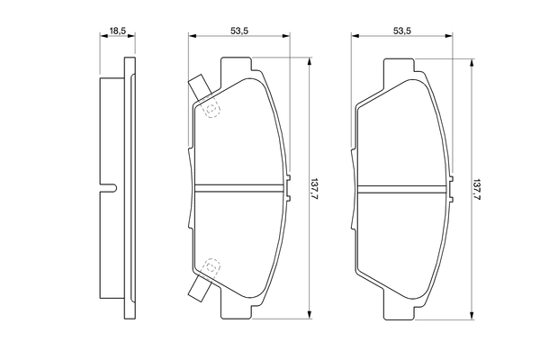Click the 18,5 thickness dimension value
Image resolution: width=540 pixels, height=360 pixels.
[116, 31]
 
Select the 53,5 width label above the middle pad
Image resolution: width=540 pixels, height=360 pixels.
[239, 31]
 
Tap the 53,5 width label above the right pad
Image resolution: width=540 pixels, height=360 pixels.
[401, 31]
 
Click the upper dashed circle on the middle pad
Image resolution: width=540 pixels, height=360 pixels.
[212, 110]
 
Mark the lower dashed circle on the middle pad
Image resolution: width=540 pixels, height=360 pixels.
[212, 267]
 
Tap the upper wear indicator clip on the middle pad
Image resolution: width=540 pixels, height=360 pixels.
[199, 88]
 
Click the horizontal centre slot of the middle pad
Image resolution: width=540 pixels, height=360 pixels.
[240, 189]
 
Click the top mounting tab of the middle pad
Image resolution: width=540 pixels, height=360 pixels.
[236, 68]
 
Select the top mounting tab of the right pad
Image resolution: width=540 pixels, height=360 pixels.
[400, 68]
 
